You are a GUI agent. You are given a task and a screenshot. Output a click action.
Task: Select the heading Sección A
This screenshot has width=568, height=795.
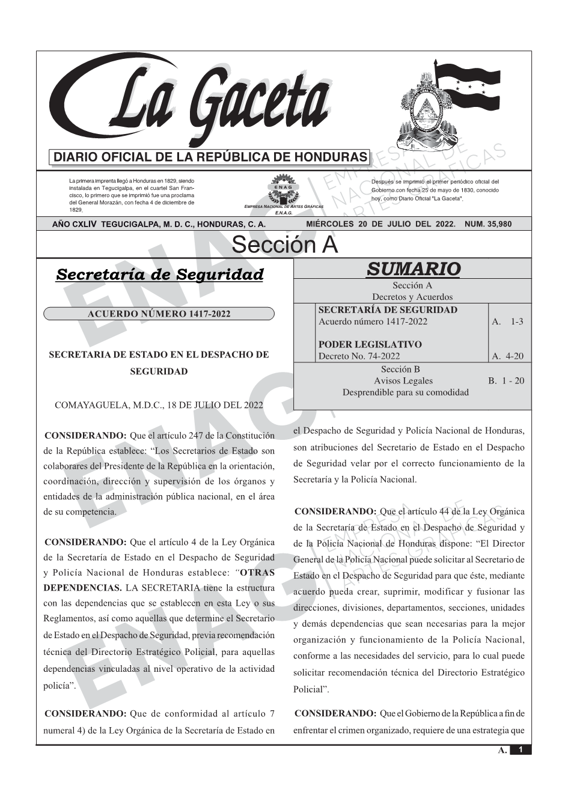(x=284, y=245)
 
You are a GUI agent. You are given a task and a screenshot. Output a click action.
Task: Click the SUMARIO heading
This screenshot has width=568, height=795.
(x=413, y=269)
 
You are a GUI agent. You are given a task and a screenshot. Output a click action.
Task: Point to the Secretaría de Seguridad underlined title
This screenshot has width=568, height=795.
(x=159, y=275)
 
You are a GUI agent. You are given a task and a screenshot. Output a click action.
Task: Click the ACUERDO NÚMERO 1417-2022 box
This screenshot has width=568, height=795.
(x=159, y=314)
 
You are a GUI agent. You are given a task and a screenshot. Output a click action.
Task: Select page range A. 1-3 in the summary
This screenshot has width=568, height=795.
(x=508, y=321)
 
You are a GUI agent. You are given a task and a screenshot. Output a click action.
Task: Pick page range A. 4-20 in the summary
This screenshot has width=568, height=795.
(x=508, y=356)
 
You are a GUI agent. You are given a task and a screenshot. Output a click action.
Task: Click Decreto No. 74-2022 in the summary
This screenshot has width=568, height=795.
(x=359, y=356)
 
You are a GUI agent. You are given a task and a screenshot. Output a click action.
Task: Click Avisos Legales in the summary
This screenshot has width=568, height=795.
(x=403, y=381)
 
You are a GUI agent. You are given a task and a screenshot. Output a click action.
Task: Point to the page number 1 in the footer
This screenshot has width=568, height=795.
(x=521, y=750)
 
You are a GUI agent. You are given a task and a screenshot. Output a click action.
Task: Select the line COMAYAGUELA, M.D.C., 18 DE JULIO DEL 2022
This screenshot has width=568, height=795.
(x=159, y=404)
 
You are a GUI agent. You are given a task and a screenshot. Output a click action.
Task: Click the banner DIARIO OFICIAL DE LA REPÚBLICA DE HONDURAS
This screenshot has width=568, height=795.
(x=210, y=157)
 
